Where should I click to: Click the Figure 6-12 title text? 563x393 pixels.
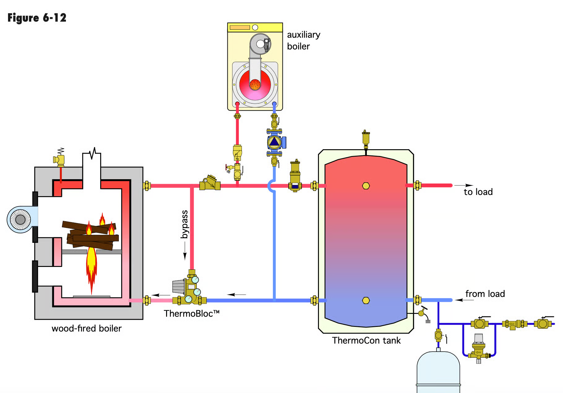pyautogui.click(x=37, y=18)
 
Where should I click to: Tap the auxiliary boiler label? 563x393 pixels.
pyautogui.click(x=303, y=40)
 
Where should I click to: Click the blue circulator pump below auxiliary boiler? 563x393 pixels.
pyautogui.click(x=274, y=142)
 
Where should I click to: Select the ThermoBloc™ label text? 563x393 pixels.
pyautogui.click(x=191, y=313)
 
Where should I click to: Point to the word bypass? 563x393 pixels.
pyautogui.click(x=184, y=224)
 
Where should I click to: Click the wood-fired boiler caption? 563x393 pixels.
pyautogui.click(x=86, y=328)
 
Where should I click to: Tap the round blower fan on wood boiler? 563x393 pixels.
pyautogui.click(x=20, y=219)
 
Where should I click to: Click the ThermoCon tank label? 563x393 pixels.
pyautogui.click(x=366, y=340)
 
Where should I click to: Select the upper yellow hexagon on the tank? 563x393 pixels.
pyautogui.click(x=366, y=186)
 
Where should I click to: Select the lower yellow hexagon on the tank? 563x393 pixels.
pyautogui.click(x=366, y=300)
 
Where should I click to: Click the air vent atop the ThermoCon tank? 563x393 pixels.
pyautogui.click(x=366, y=138)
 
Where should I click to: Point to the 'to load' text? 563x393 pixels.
pyautogui.click(x=478, y=192)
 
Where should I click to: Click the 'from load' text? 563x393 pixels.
pyautogui.click(x=485, y=294)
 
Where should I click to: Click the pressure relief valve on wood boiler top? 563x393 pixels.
pyautogui.click(x=59, y=159)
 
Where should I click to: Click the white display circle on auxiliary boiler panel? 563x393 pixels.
pyautogui.click(x=255, y=27)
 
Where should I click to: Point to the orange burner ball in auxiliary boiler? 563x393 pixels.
pyautogui.click(x=255, y=84)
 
